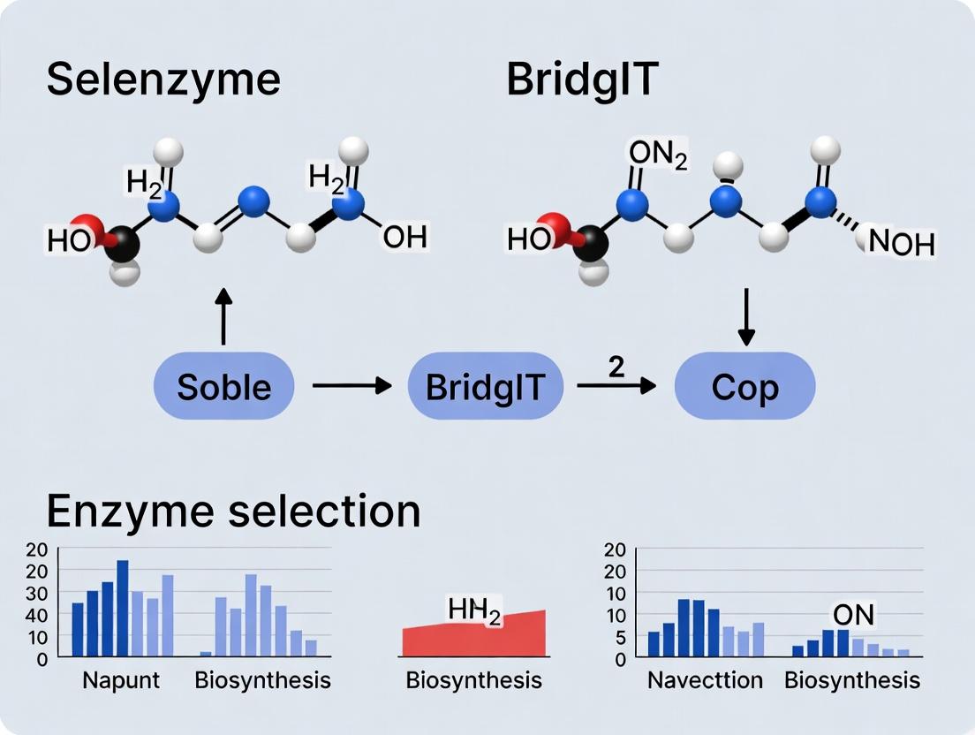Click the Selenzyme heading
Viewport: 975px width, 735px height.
tap(162, 80)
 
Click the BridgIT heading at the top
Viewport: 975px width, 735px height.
tap(582, 80)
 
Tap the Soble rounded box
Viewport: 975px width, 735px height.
tap(223, 386)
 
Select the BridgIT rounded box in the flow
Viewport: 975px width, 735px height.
tap(485, 386)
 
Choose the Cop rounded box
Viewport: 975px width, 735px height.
tap(744, 386)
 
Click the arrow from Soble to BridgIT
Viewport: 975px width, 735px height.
tap(351, 386)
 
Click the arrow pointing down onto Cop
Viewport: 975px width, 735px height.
tap(746, 314)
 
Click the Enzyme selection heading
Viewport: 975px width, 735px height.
tap(233, 511)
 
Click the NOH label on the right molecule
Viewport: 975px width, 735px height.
tap(901, 242)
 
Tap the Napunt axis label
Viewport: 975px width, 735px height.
tap(121, 680)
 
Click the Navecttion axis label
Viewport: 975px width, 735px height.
tap(705, 680)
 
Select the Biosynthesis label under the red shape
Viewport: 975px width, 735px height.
tap(473, 680)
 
